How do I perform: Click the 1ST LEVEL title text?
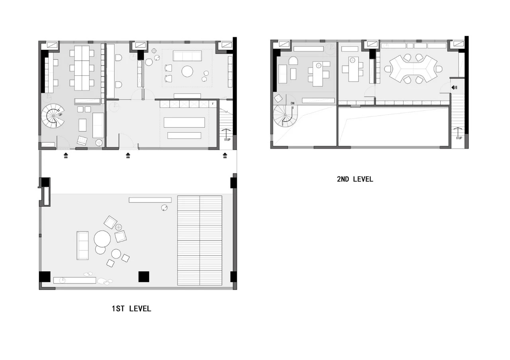point(131,309)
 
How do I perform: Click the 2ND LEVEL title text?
point(355,179)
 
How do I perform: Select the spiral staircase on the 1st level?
point(53,116)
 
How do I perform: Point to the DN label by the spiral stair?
point(292,103)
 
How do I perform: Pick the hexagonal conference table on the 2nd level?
point(413,69)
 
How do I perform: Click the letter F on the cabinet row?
point(213,104)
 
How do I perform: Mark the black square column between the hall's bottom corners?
point(144,277)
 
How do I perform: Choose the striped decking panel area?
point(200,240)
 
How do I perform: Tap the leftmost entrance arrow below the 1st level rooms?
point(66,155)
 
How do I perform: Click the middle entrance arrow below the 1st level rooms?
point(128,155)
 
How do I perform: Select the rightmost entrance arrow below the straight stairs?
point(225,155)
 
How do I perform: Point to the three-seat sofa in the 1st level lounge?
point(187,56)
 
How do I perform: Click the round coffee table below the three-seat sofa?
point(187,71)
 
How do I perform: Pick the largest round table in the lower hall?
point(102,239)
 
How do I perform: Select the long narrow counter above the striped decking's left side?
point(150,200)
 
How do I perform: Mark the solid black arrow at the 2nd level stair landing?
point(453,88)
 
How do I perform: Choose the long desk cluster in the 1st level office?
point(82,68)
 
